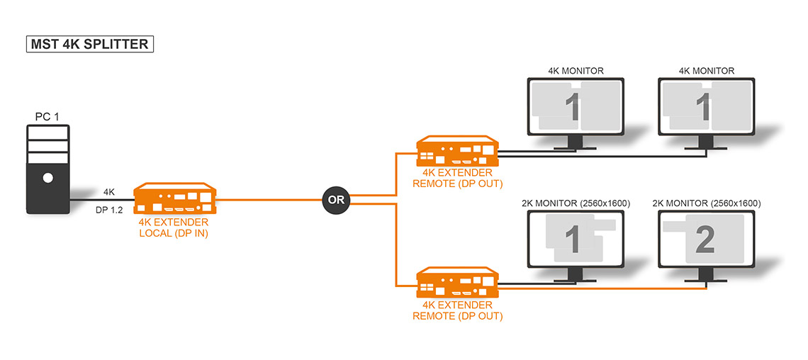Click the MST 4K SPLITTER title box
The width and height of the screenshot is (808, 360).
[89, 44]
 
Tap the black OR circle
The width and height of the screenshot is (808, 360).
[336, 200]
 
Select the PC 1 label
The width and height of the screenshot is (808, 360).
[47, 116]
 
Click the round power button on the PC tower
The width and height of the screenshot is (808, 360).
[47, 177]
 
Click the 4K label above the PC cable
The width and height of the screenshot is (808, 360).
[109, 192]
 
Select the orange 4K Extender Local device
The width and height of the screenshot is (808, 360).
[176, 199]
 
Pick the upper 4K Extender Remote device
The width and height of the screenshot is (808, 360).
[457, 152]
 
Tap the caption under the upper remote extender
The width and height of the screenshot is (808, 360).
[457, 179]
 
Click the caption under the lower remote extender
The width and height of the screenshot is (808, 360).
[457, 311]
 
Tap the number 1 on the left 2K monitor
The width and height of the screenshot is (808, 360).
[574, 239]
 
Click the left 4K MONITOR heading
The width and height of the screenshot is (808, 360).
[576, 71]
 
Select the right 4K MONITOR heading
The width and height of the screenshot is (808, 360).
[706, 71]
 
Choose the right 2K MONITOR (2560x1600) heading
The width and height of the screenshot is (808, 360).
[706, 203]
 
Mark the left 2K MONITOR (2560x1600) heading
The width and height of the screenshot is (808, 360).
[576, 203]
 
